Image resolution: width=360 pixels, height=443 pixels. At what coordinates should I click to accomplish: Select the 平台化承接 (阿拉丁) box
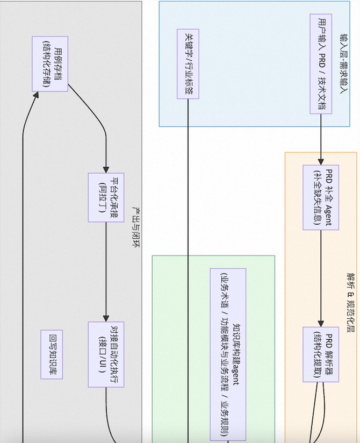pos(106,198)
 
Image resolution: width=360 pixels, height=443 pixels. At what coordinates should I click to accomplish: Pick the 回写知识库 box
pos(52,347)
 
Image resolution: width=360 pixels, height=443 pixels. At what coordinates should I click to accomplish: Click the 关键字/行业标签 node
pos(188,64)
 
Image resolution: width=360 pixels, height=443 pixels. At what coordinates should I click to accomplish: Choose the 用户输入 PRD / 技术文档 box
pos(321,63)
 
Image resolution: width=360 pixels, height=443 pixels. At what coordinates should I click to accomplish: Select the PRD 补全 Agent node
pos(321,197)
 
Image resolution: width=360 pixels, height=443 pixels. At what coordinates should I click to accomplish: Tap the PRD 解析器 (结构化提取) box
pos(321,347)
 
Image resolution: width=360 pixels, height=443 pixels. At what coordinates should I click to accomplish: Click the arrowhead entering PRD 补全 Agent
pos(321,161)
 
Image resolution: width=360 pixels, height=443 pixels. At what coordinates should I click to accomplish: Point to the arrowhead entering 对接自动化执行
pos(106,318)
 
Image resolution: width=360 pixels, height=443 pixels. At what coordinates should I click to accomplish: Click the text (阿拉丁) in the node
pos(101,198)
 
